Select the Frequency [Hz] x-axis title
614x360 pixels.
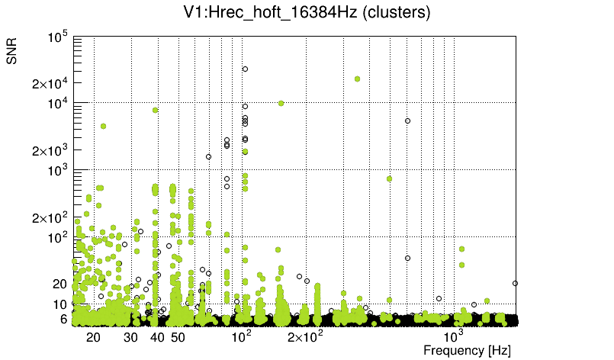(467, 350)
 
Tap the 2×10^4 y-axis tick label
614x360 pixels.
(50, 83)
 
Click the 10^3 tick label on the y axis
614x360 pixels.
(58, 171)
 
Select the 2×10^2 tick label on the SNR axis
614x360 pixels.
(50, 217)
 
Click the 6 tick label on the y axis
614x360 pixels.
(64, 320)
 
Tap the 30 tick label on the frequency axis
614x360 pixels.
(130, 337)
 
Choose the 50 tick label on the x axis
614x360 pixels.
(178, 337)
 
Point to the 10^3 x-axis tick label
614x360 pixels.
(453, 336)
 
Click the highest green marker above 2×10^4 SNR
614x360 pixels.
(357, 79)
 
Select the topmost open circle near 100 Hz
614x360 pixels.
(246, 69)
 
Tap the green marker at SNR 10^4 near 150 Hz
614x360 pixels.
(281, 103)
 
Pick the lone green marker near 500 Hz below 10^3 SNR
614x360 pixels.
(389, 178)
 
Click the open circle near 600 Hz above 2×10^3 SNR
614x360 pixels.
(407, 121)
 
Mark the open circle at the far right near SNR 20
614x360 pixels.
(516, 283)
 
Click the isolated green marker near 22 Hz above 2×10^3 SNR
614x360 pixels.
(103, 126)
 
